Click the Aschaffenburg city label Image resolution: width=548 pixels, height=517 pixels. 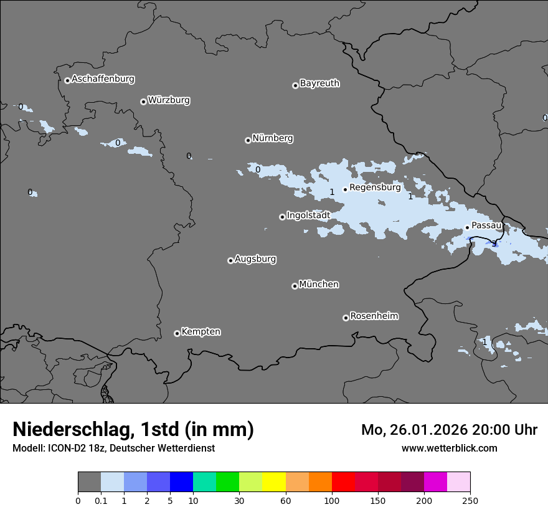(103, 79)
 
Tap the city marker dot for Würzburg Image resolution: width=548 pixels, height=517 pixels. (143, 102)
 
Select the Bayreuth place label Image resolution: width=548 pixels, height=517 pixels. (319, 83)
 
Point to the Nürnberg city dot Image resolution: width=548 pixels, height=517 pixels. (248, 140)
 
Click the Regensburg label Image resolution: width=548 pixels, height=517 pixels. (375, 187)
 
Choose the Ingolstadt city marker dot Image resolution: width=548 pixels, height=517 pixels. (282, 217)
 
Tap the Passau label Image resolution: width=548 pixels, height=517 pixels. (486, 225)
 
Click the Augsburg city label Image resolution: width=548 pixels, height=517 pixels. (255, 259)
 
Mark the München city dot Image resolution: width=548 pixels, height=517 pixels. (295, 286)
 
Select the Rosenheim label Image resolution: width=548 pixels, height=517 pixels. (374, 316)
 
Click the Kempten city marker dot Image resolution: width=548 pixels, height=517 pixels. (177, 333)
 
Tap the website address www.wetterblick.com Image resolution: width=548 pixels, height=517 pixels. (449, 448)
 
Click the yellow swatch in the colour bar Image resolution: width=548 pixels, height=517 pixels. (274, 482)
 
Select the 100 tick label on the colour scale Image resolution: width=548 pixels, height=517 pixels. (332, 500)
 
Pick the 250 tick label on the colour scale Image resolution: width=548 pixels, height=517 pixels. (470, 500)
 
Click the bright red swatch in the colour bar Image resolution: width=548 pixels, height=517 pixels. (343, 482)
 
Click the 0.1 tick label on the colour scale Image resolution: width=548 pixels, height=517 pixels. (101, 500)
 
